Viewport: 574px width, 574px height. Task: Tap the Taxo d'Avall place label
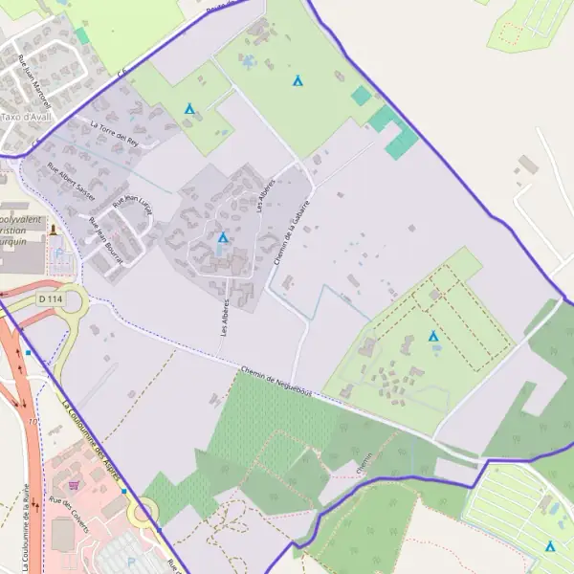point(26,117)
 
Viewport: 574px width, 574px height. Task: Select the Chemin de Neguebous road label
point(277,383)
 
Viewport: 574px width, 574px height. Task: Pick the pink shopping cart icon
point(74,484)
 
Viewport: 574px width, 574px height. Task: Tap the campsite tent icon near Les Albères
point(223,237)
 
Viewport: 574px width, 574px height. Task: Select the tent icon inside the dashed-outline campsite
point(433,336)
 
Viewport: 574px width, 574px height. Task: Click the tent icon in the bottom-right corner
point(550,546)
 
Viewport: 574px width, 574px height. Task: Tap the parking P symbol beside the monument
point(59,254)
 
